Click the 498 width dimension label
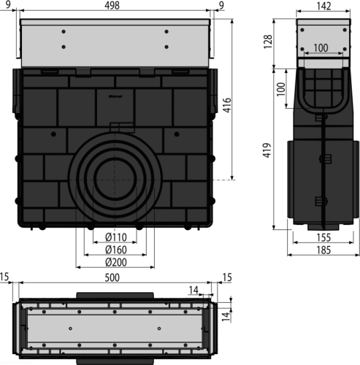point(112,5)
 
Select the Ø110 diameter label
point(116,237)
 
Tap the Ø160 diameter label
point(116,250)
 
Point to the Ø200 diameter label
point(116,262)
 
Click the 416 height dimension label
point(227,105)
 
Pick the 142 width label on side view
point(323,7)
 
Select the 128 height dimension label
point(268,42)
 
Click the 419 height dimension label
point(267,150)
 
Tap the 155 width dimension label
point(323,237)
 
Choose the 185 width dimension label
point(323,250)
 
